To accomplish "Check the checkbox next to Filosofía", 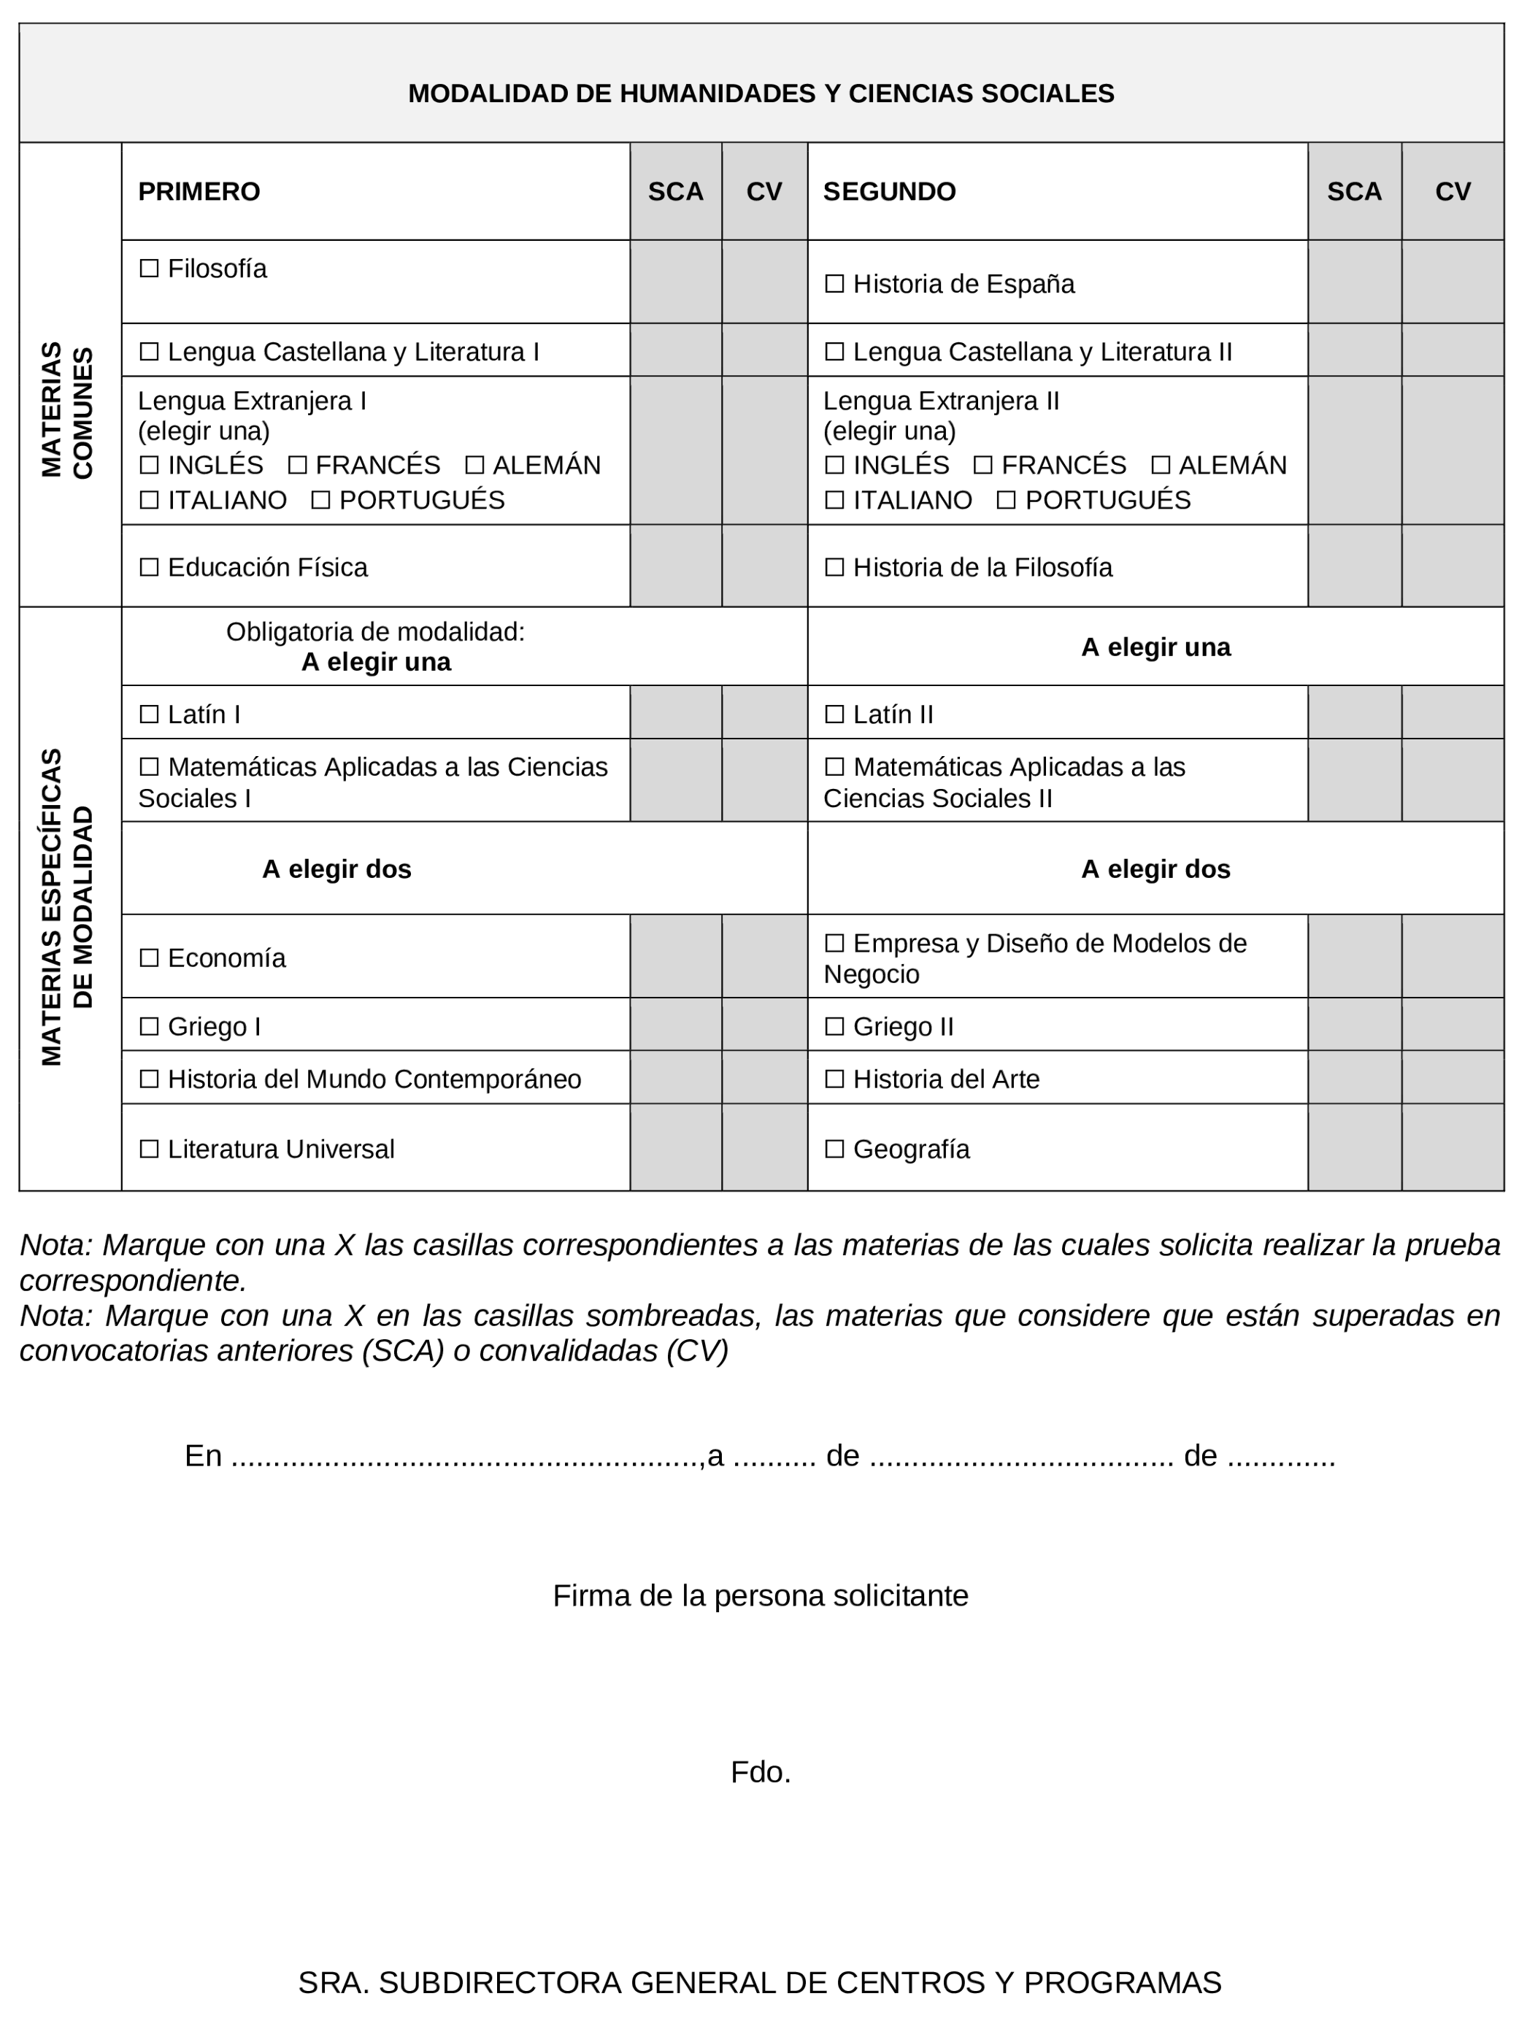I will click(148, 269).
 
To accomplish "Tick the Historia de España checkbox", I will click(834, 284).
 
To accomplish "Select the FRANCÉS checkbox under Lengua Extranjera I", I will click(298, 466).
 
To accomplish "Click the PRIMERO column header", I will click(199, 191).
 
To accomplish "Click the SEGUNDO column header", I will click(888, 191).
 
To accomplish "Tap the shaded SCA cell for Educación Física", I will click(675, 566).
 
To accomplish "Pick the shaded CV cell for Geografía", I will click(1452, 1147).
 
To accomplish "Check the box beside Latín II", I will click(834, 715).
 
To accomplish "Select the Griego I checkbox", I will click(148, 1026).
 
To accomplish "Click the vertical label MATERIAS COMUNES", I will click(68, 410).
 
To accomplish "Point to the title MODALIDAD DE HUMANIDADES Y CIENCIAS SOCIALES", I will click(761, 93).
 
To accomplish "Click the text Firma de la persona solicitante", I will click(761, 1595).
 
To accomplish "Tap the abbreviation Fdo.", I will click(761, 1772).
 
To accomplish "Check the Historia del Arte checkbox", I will click(834, 1079).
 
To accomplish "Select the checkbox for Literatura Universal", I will click(148, 1149).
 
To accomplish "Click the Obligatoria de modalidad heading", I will click(376, 632).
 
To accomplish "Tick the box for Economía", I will click(148, 958).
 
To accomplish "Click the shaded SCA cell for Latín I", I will click(675, 712).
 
